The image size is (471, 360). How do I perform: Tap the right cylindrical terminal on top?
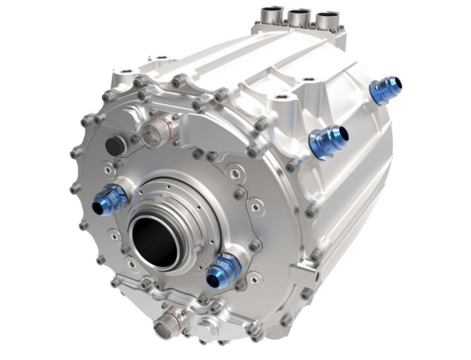(327, 19)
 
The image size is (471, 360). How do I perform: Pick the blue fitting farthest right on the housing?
(384, 90)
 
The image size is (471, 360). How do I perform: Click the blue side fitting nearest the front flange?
(327, 140)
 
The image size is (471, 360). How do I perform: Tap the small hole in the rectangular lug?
(300, 279)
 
